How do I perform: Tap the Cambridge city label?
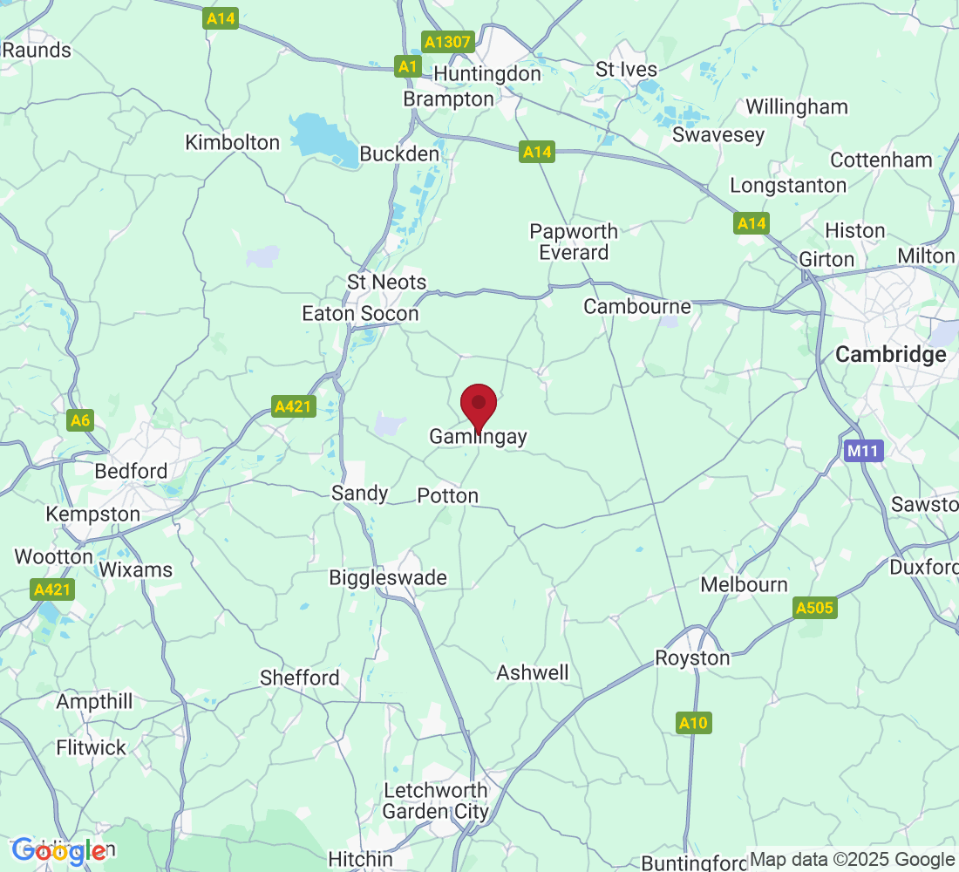(x=890, y=355)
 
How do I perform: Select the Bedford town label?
(x=131, y=472)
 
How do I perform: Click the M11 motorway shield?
(x=864, y=451)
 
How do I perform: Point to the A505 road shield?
(x=815, y=608)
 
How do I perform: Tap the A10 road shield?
(x=694, y=722)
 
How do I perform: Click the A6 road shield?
(x=79, y=421)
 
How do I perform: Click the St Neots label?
(x=386, y=282)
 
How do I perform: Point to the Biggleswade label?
(x=388, y=577)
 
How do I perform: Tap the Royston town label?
(x=692, y=657)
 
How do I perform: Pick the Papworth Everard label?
(x=574, y=242)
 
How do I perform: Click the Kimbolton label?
(x=233, y=142)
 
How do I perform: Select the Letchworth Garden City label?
(x=437, y=800)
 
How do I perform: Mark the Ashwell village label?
(x=533, y=672)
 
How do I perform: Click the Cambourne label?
(x=637, y=306)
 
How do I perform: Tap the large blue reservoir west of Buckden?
(x=323, y=138)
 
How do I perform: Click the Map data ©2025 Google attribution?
(x=852, y=860)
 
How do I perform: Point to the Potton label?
(x=448, y=495)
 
